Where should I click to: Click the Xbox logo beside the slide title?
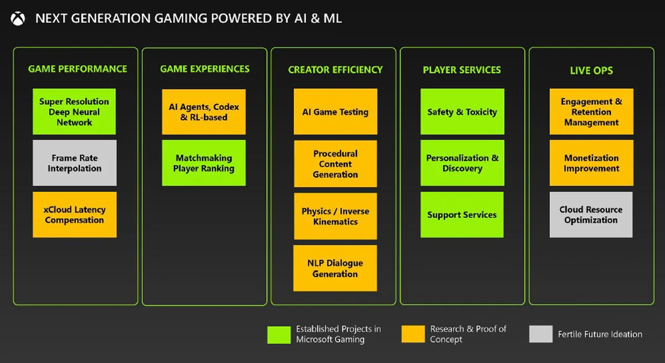point(18,19)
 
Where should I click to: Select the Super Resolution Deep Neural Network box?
point(74,111)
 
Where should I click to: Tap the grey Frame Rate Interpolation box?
point(74,163)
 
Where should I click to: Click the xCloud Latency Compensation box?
point(74,214)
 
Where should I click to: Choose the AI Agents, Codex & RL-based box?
point(203,111)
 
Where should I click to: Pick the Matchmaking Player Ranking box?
point(203,163)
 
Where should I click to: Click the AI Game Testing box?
point(335,111)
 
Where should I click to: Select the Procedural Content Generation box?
point(335,163)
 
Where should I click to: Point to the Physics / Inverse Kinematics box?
point(335,216)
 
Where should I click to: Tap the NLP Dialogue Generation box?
point(335,268)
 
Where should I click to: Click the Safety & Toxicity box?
point(462,111)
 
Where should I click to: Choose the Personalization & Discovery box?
point(462,163)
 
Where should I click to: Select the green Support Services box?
point(462,214)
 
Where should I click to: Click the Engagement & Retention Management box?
point(591,111)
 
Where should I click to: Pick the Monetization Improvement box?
point(591,163)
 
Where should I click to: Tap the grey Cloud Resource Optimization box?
point(591,214)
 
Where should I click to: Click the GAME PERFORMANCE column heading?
point(78,69)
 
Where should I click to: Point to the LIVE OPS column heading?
point(591,71)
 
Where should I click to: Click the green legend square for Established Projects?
point(279,334)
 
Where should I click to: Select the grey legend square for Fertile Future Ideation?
point(541,334)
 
